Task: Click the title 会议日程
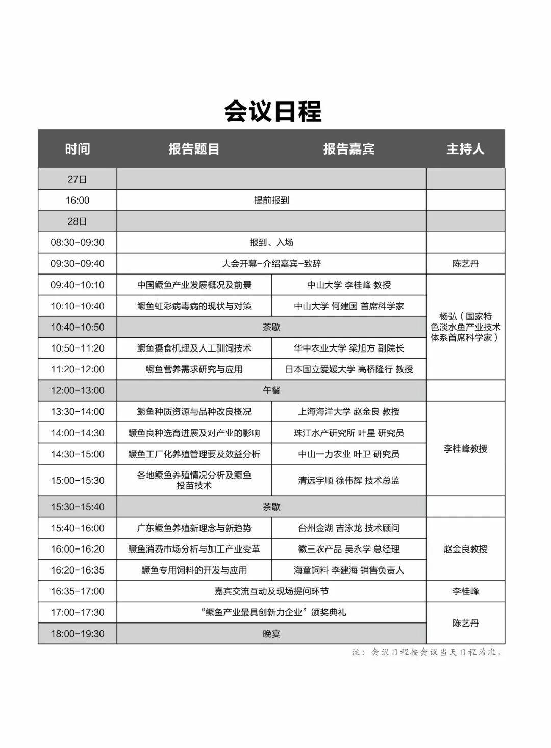(273, 111)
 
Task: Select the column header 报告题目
(194, 149)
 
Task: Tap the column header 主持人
(465, 149)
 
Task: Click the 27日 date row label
(78, 179)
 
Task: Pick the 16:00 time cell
(78, 201)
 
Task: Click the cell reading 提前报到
(271, 201)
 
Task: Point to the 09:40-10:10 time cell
(78, 285)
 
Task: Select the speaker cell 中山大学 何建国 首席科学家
(349, 306)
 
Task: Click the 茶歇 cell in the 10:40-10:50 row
(271, 327)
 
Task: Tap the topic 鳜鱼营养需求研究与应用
(194, 369)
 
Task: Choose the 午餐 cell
(271, 390)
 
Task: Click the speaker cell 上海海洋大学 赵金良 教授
(349, 412)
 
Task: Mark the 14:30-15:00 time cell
(78, 454)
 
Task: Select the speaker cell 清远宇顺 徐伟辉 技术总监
(349, 480)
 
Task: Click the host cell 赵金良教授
(465, 549)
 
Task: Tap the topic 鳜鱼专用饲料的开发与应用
(194, 570)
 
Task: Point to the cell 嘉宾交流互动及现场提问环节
(271, 591)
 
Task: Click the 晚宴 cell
(271, 634)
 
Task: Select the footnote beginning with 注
(427, 652)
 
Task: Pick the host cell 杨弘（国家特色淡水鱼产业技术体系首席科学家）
(465, 327)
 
